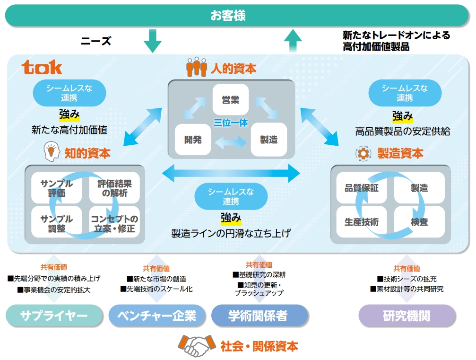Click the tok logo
pyautogui.click(x=42, y=67)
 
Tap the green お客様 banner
pyautogui.click(x=237, y=16)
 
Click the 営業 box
pyautogui.click(x=230, y=99)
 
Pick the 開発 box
pyautogui.click(x=193, y=140)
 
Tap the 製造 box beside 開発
pyautogui.click(x=268, y=140)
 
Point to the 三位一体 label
pyautogui.click(x=231, y=123)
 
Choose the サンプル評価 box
pyautogui.click(x=56, y=188)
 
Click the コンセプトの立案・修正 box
pyautogui.click(x=114, y=223)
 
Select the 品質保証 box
pyautogui.click(x=362, y=188)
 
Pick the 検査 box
pyautogui.click(x=419, y=222)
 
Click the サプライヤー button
pyautogui.click(x=54, y=316)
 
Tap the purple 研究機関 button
pyautogui.click(x=407, y=316)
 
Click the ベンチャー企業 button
pyautogui.click(x=157, y=316)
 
